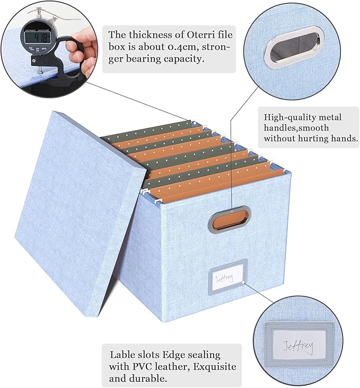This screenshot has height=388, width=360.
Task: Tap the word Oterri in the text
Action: click(187, 35)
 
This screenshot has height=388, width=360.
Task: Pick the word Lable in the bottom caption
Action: click(122, 355)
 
